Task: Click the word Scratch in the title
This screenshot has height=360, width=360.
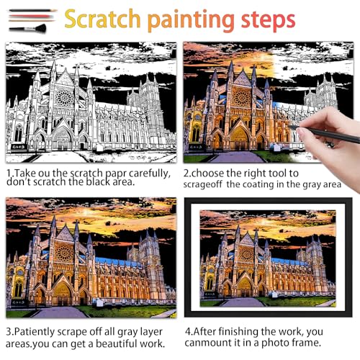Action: [x=102, y=19]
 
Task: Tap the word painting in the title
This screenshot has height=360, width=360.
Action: [x=191, y=20]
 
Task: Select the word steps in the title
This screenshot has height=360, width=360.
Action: [x=268, y=20]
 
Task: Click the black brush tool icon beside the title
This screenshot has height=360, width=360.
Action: [x=28, y=29]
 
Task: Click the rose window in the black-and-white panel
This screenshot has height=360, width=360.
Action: [x=64, y=97]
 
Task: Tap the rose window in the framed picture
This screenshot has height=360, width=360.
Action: [x=246, y=253]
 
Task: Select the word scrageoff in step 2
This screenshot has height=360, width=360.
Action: [x=202, y=184]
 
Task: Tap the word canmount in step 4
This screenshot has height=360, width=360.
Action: [x=208, y=343]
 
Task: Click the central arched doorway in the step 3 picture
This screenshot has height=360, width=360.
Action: [x=62, y=294]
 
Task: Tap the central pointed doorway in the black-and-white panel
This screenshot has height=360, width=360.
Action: [x=63, y=138]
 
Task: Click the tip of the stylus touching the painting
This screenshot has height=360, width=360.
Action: [x=289, y=125]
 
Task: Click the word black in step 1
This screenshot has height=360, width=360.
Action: [x=99, y=182]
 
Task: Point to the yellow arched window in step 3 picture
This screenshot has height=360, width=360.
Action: [x=18, y=289]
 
